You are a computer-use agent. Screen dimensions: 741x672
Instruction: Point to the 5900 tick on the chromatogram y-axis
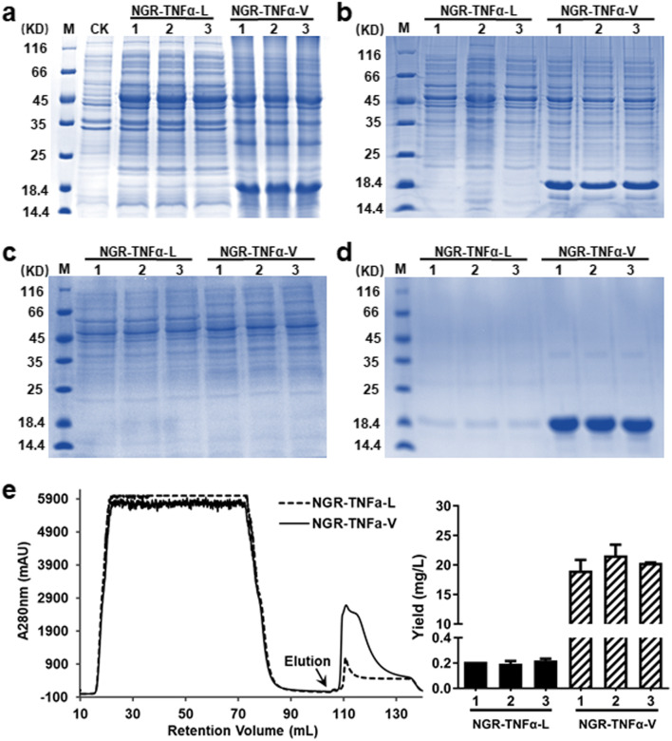coord(58,500)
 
